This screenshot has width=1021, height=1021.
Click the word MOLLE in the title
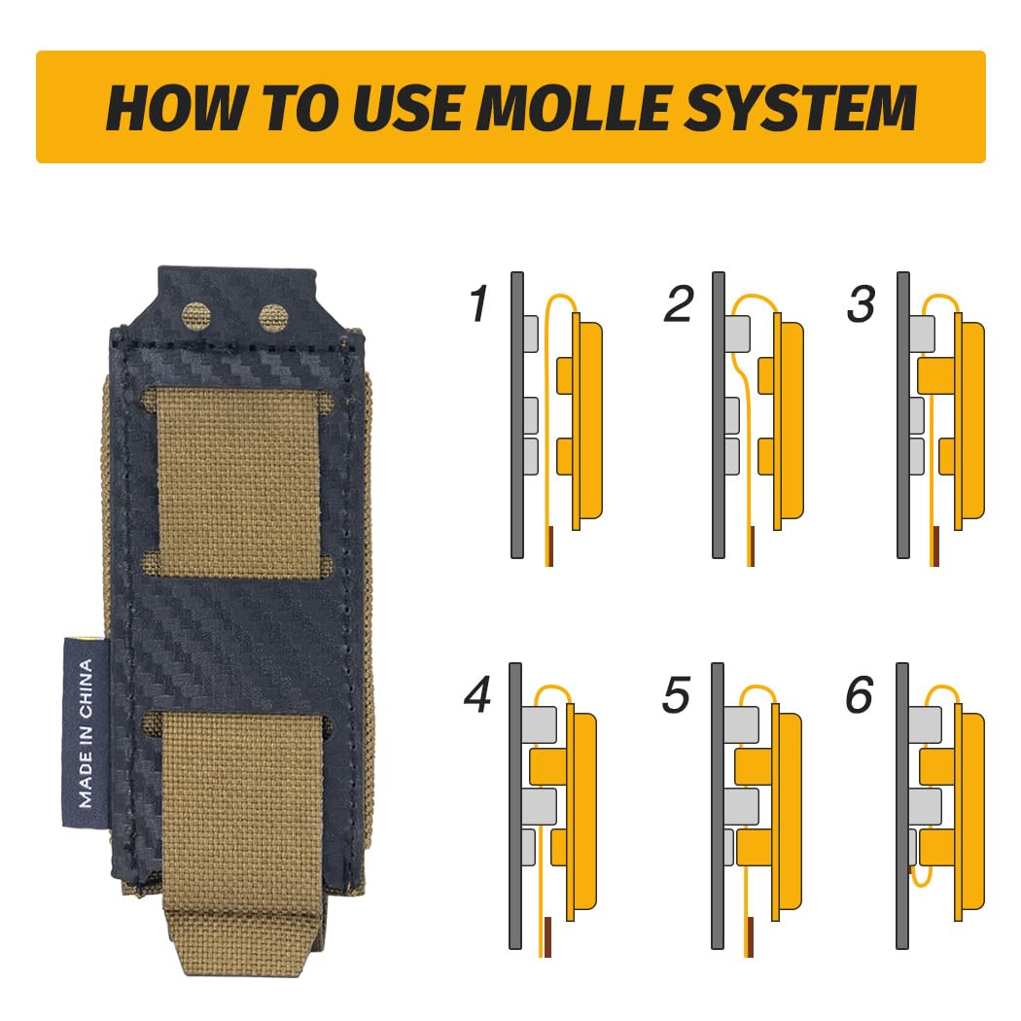(578, 107)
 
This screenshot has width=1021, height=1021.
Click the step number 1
(480, 303)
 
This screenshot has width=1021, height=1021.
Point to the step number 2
(679, 303)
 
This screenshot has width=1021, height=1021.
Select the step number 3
(862, 303)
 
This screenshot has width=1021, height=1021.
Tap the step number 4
(478, 695)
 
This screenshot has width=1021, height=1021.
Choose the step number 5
(676, 695)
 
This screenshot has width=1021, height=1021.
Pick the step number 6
(860, 695)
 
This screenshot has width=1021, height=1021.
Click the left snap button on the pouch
(196, 316)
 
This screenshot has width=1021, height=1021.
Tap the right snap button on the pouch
(273, 318)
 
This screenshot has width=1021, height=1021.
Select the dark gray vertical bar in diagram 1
(517, 415)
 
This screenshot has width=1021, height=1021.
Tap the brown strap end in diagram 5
(751, 937)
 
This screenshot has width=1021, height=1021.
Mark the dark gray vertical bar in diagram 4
(515, 806)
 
